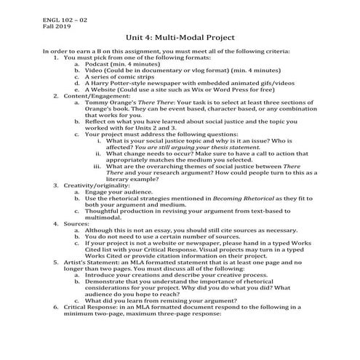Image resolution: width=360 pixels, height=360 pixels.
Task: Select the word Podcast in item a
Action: pos(95,65)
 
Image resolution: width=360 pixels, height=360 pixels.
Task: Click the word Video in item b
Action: pos(92,73)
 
